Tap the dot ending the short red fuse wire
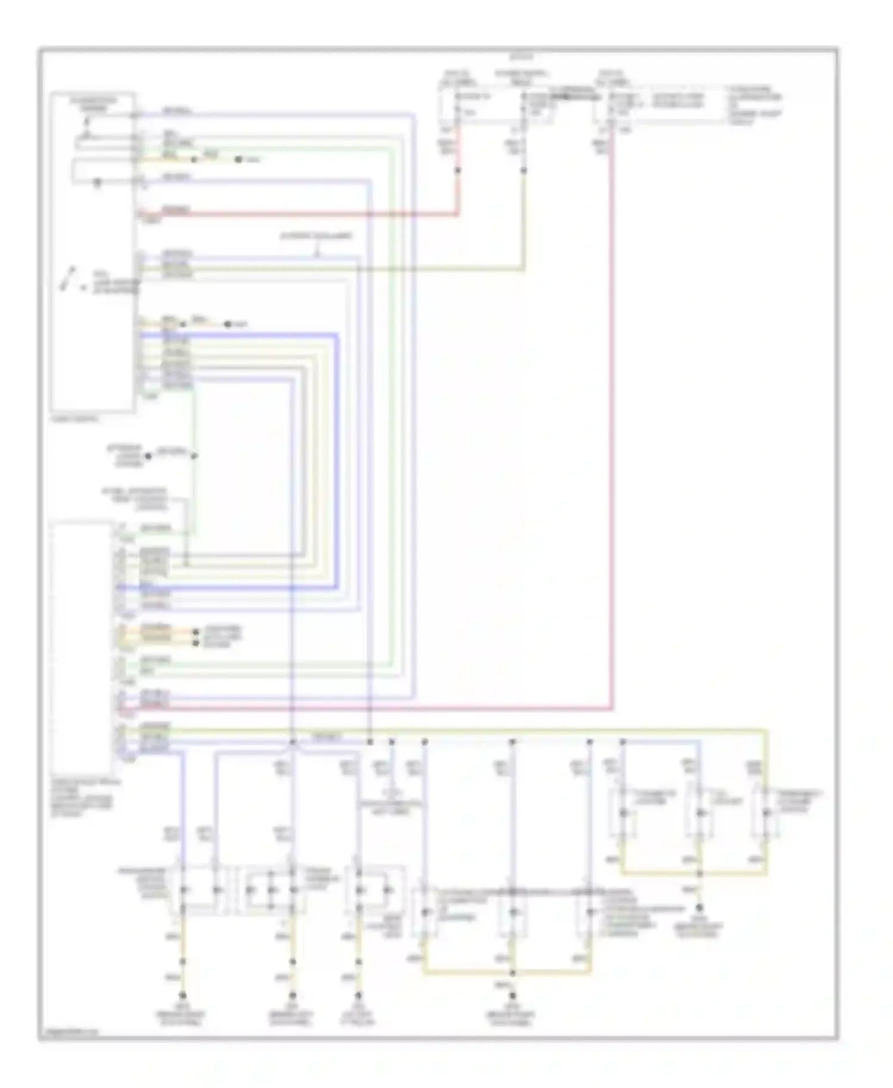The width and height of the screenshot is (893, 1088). pos(458,171)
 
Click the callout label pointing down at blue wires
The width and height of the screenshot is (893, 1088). pos(316,236)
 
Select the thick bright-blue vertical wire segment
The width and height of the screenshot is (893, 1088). pos(338,458)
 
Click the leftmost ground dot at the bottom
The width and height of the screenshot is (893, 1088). pos(183,995)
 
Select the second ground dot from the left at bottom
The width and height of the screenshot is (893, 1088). pos(292,995)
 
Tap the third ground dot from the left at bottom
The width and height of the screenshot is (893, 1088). pos(358,995)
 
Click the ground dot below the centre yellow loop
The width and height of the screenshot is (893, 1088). pos(513,995)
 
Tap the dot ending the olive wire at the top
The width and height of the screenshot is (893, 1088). pos(524,171)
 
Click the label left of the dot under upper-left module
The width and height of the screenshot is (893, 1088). pos(124,456)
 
